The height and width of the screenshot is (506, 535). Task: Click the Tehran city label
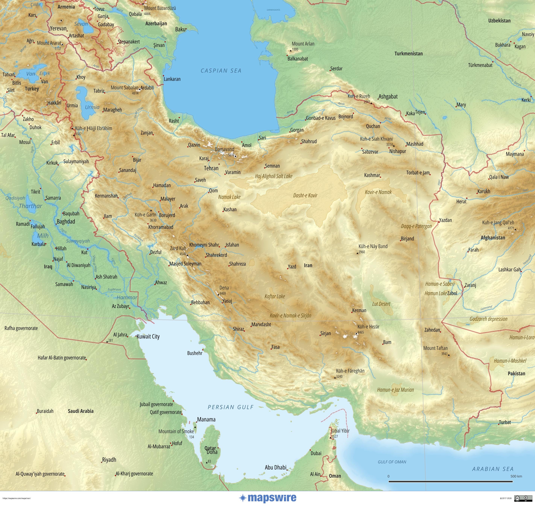pyautogui.click(x=211, y=168)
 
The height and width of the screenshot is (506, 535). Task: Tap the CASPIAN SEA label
pyautogui.click(x=221, y=71)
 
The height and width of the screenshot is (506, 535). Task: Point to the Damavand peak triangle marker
pyautogui.click(x=235, y=156)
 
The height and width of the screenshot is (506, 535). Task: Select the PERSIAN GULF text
pyautogui.click(x=231, y=407)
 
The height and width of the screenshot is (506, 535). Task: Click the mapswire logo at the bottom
pyautogui.click(x=268, y=498)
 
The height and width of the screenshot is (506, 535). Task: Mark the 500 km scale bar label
pyautogui.click(x=516, y=476)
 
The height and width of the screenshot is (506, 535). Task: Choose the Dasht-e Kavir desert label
pyautogui.click(x=305, y=196)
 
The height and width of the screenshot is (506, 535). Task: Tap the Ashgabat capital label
pyautogui.click(x=388, y=96)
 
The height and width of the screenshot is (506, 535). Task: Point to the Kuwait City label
pyautogui.click(x=148, y=337)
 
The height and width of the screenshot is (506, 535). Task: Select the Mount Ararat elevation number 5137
pyautogui.click(x=58, y=49)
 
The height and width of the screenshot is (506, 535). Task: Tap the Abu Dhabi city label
pyautogui.click(x=275, y=467)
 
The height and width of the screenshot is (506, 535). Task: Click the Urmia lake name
pyautogui.click(x=92, y=107)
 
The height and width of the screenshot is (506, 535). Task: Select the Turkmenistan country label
pyautogui.click(x=408, y=54)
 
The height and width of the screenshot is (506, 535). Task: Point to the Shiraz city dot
pyautogui.click(x=244, y=331)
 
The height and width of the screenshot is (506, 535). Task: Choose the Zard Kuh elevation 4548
pyautogui.click(x=183, y=254)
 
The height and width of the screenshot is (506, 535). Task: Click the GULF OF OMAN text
pyautogui.click(x=392, y=462)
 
